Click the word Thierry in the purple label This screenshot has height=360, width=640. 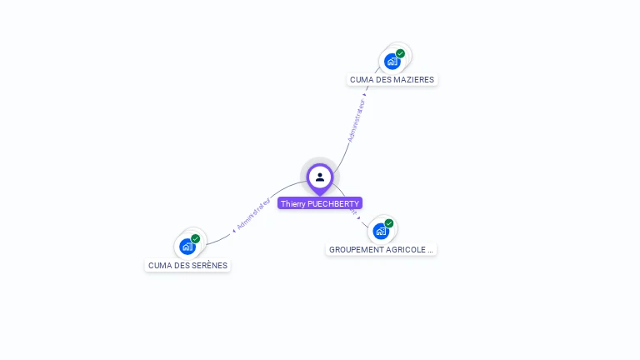tap(292, 203)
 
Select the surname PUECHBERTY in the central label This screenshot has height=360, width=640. tap(333, 203)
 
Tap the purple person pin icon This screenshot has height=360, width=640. tap(320, 177)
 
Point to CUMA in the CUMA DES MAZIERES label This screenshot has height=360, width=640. tap(361, 80)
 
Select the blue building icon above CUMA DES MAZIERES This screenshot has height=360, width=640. tap(392, 61)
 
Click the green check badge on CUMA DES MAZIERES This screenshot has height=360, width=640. tap(401, 53)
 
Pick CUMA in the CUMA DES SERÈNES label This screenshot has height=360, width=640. tap(159, 266)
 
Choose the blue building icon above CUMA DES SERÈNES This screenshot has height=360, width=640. tap(187, 247)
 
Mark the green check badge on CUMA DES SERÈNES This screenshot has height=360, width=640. tap(196, 239)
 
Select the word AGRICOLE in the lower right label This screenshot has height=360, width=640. tap(409, 249)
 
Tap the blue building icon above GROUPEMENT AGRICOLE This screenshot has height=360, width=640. tap(381, 231)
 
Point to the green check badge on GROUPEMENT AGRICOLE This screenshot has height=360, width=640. tap(389, 223)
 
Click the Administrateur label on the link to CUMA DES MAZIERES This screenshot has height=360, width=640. tap(356, 121)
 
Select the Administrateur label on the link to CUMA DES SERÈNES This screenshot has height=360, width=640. tap(253, 214)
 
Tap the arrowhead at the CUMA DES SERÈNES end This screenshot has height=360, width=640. tap(234, 230)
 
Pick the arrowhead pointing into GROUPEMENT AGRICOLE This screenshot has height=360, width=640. tap(359, 217)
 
